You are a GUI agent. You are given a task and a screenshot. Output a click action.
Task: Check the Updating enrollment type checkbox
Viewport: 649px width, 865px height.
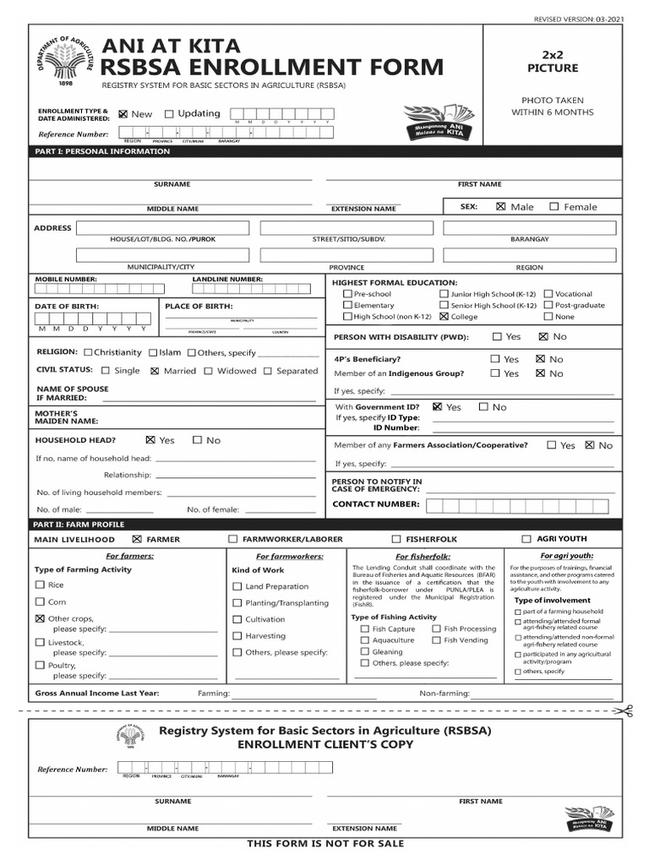tap(169, 114)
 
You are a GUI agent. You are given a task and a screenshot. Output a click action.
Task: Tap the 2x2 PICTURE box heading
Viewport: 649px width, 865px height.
tap(553, 61)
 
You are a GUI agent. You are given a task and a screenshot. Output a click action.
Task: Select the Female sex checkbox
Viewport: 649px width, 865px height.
tap(554, 206)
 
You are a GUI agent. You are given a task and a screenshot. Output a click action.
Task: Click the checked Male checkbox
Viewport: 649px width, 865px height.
tap(501, 206)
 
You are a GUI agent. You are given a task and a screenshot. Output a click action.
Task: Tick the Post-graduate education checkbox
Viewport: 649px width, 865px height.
tap(548, 305)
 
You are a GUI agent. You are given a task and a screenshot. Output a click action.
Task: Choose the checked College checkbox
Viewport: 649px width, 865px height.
tap(444, 317)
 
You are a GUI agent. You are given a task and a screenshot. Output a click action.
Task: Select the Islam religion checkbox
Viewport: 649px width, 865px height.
tap(153, 353)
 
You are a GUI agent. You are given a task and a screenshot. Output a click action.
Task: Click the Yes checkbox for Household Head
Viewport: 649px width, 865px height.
tap(150, 440)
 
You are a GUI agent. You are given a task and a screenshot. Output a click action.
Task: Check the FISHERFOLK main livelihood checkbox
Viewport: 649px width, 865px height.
tap(396, 539)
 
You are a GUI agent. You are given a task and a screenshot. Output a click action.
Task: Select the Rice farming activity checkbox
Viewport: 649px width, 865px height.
tap(40, 585)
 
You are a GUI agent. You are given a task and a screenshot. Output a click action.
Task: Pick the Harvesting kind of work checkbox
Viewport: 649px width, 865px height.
tap(237, 636)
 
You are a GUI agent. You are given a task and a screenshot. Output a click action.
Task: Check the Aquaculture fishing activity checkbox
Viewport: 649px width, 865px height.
tap(365, 640)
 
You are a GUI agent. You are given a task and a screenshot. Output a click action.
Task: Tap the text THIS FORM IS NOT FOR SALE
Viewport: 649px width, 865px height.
tap(325, 843)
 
